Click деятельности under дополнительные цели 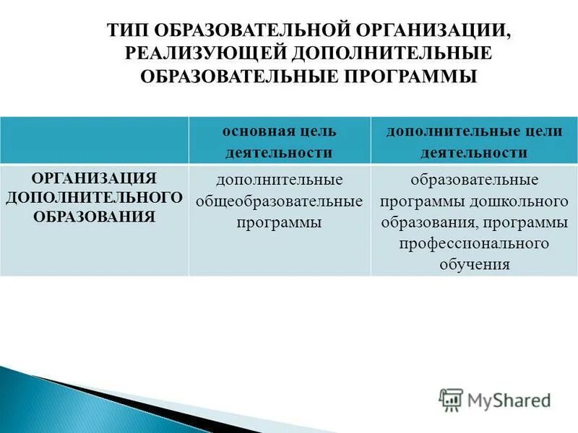(474, 153)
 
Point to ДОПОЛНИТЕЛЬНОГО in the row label (94, 196)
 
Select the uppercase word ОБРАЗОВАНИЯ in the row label (95, 215)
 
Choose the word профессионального (474, 244)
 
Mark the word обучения (475, 265)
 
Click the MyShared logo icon (451, 400)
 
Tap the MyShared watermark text (509, 400)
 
